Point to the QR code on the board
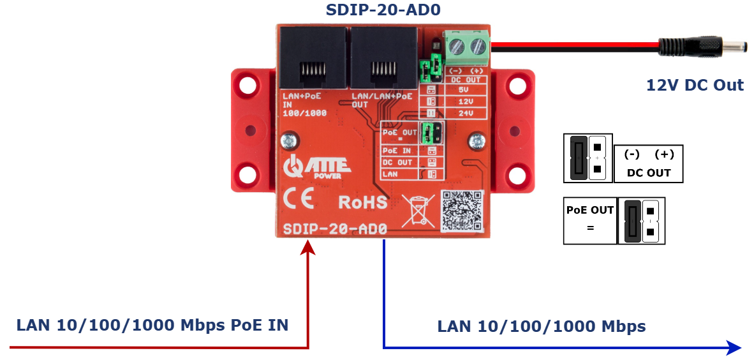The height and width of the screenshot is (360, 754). [462, 210]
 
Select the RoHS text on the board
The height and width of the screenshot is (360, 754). [362, 202]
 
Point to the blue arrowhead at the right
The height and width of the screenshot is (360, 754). [734, 348]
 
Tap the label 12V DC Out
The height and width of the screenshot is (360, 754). [695, 85]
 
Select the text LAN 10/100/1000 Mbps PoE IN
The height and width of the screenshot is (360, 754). [152, 325]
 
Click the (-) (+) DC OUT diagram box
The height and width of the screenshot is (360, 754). [648, 163]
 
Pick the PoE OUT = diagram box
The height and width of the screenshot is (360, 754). [590, 220]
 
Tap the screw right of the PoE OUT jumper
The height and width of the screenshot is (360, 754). [475, 140]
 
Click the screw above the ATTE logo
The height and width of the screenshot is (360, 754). [289, 138]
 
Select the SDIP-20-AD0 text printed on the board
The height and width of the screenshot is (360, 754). [334, 229]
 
